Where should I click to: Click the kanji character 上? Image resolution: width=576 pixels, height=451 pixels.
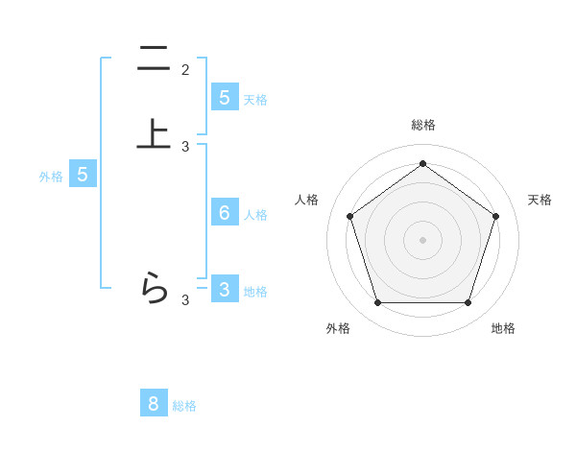(153, 133)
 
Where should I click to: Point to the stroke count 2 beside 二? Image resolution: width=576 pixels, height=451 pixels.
(185, 70)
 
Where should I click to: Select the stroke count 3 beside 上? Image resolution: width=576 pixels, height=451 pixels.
(185, 147)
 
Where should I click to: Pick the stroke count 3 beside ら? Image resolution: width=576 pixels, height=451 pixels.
(185, 300)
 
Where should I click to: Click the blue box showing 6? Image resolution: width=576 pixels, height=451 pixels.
(224, 213)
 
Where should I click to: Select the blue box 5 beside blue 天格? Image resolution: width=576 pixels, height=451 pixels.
(224, 98)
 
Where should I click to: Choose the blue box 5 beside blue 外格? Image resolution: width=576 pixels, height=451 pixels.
(83, 175)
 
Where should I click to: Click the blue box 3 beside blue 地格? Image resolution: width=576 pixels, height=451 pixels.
(224, 289)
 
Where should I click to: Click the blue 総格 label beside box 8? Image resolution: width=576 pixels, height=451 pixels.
(184, 406)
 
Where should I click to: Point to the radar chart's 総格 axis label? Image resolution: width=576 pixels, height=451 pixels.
(422, 126)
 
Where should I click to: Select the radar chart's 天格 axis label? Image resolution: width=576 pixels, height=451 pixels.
(540, 200)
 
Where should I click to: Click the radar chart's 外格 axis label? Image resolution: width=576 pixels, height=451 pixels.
(338, 328)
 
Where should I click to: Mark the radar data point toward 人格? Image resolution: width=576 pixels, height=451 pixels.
(349, 216)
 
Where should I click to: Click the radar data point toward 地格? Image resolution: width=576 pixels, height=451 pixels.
(468, 303)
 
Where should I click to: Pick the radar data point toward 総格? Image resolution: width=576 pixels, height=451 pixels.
(422, 163)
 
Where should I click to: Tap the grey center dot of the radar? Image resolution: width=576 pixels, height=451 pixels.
(422, 239)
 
